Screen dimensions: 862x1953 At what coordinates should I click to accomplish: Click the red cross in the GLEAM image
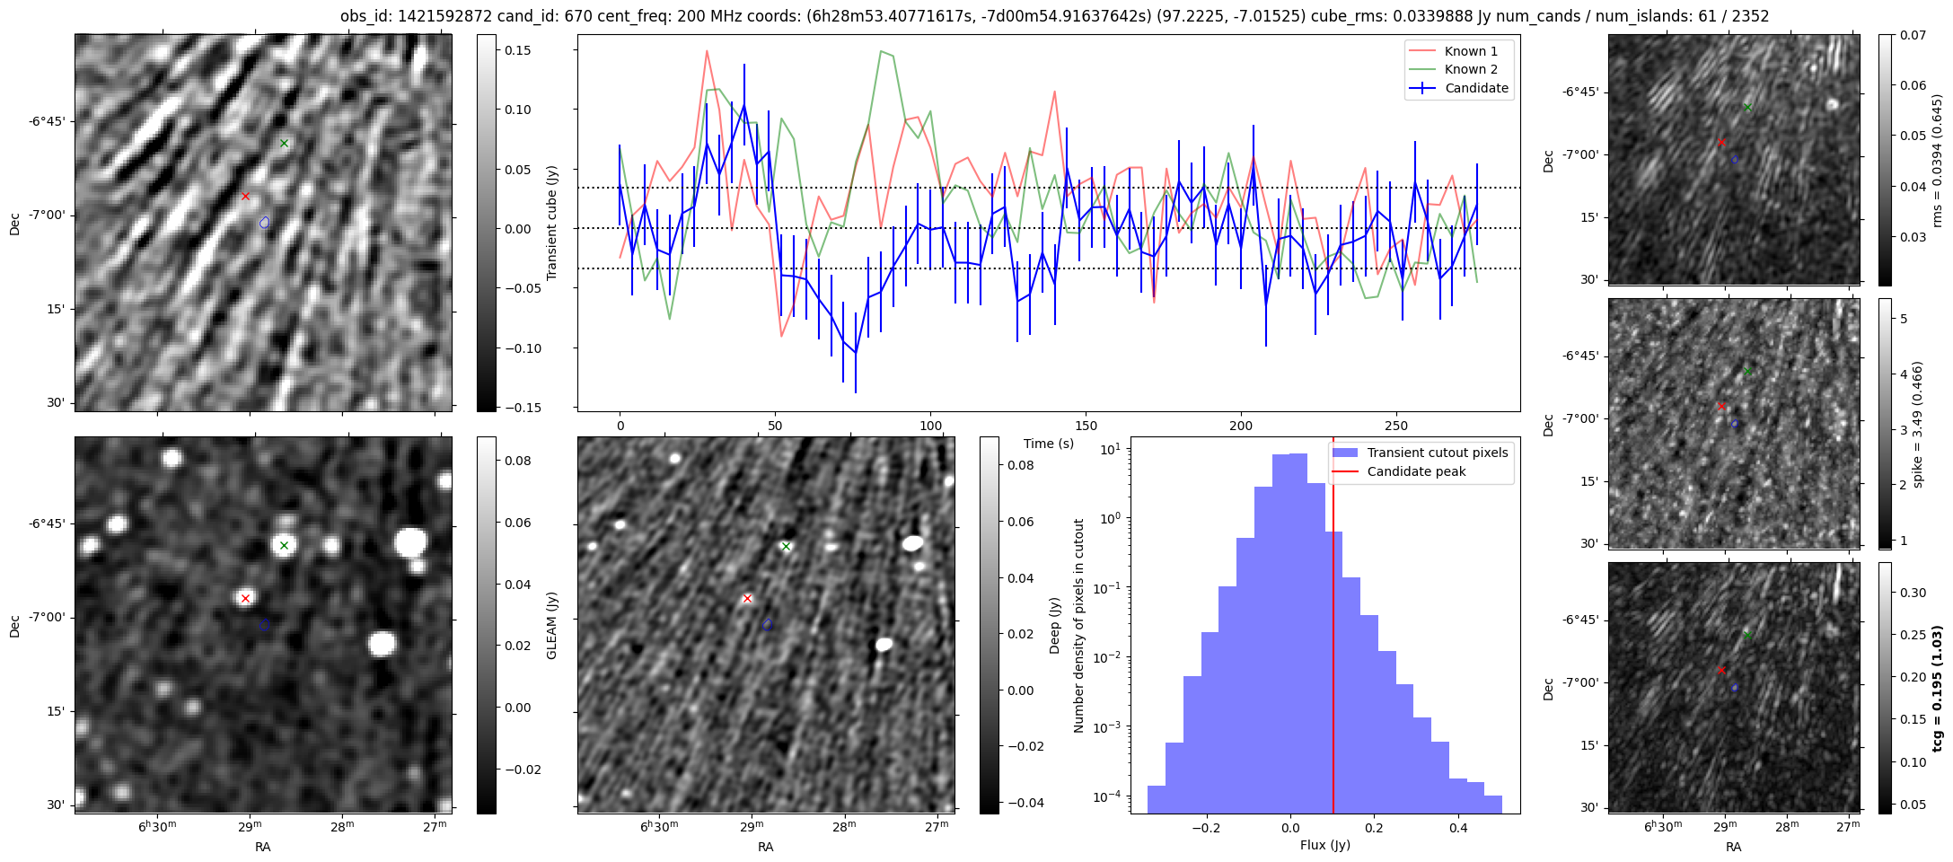click(245, 598)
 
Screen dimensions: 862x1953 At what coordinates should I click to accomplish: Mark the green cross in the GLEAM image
click(284, 545)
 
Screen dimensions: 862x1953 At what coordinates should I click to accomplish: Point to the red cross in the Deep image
click(747, 598)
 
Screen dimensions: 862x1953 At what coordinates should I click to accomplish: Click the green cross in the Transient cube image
click(284, 143)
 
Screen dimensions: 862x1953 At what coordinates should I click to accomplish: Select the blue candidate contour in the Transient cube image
click(264, 222)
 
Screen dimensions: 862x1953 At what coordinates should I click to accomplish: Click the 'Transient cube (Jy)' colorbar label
click(552, 223)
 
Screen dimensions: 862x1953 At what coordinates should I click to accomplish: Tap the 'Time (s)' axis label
click(1048, 444)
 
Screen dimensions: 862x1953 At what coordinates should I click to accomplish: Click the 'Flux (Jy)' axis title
click(1324, 845)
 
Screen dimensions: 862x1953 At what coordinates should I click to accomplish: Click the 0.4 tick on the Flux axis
click(1458, 828)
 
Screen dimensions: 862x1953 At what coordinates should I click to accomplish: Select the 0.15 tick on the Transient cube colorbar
click(517, 50)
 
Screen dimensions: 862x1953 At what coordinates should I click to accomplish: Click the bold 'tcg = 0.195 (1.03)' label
click(1937, 688)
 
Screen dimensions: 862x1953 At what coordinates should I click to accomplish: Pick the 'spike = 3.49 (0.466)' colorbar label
click(1917, 424)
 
